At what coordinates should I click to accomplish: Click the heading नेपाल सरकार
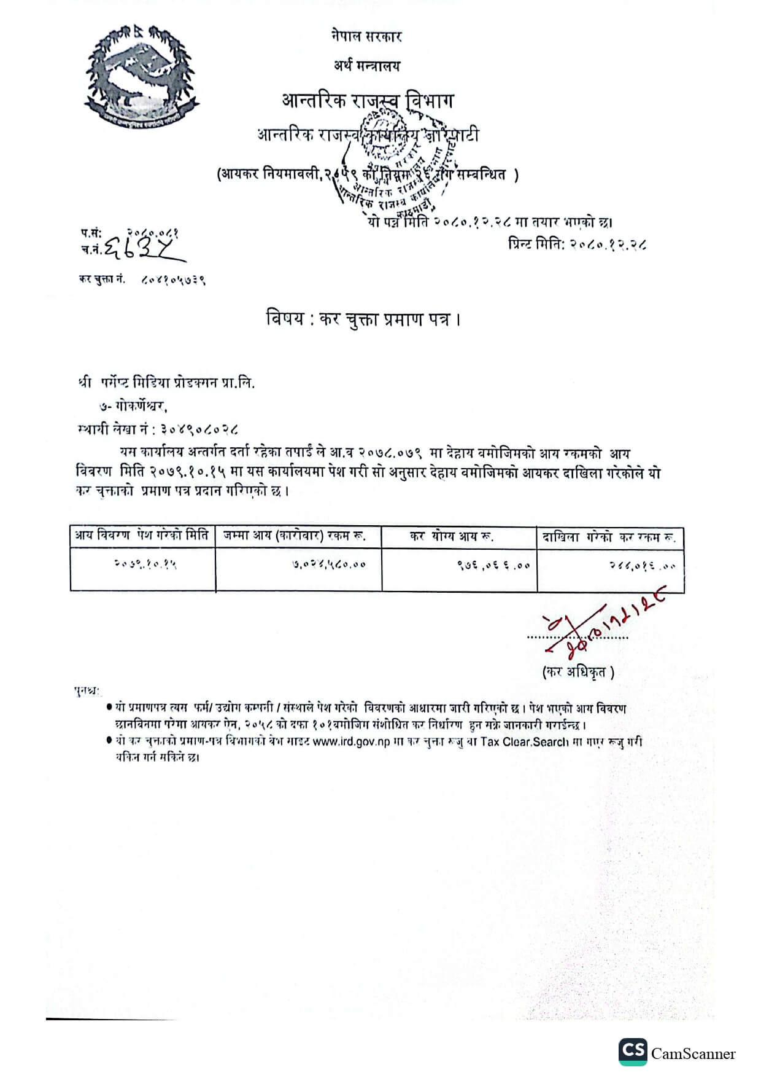(x=366, y=36)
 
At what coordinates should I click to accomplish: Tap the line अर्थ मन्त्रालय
(x=366, y=65)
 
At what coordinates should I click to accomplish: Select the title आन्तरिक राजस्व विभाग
(x=368, y=100)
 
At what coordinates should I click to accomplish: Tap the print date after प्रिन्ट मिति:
(x=608, y=244)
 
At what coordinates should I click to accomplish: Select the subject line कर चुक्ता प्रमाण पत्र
(x=363, y=319)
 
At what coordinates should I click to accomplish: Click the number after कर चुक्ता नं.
(x=174, y=279)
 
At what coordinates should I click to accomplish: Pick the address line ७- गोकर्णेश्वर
(x=133, y=406)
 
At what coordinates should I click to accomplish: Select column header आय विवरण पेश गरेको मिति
(x=142, y=536)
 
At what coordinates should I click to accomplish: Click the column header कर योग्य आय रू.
(x=452, y=537)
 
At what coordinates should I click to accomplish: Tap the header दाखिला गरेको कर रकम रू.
(x=609, y=537)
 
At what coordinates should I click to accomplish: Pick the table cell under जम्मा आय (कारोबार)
(x=328, y=564)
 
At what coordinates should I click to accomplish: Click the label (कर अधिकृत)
(x=578, y=672)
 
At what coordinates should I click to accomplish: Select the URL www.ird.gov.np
(x=351, y=741)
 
